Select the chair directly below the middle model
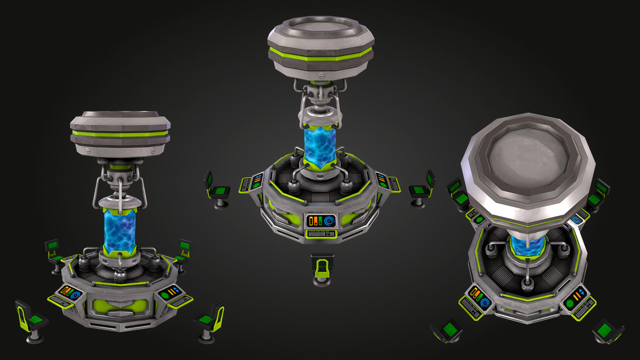(x=322, y=269)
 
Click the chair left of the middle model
(x=217, y=189)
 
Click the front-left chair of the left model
(x=31, y=320)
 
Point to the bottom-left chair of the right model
(x=447, y=331)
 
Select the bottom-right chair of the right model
(x=607, y=331)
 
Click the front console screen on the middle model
(x=321, y=221)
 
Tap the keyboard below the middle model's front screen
(x=321, y=234)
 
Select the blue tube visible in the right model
(x=527, y=246)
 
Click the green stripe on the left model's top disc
(x=120, y=134)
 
